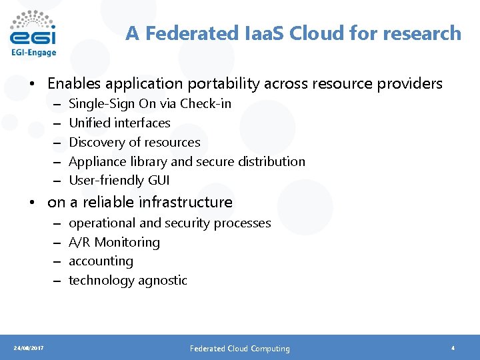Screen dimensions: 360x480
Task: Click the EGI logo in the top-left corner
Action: [x=33, y=33]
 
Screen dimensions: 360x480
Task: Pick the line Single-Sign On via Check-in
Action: [x=150, y=103]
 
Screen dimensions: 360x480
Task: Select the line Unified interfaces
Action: [x=119, y=123]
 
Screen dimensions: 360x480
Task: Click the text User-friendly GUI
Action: [x=119, y=180]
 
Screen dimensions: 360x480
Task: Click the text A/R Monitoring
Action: [x=114, y=242]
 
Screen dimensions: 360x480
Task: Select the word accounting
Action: [x=101, y=261]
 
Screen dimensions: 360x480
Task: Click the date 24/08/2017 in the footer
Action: [x=29, y=348]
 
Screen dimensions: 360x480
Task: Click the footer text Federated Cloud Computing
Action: [x=240, y=348]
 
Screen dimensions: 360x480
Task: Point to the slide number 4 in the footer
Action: [x=453, y=348]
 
